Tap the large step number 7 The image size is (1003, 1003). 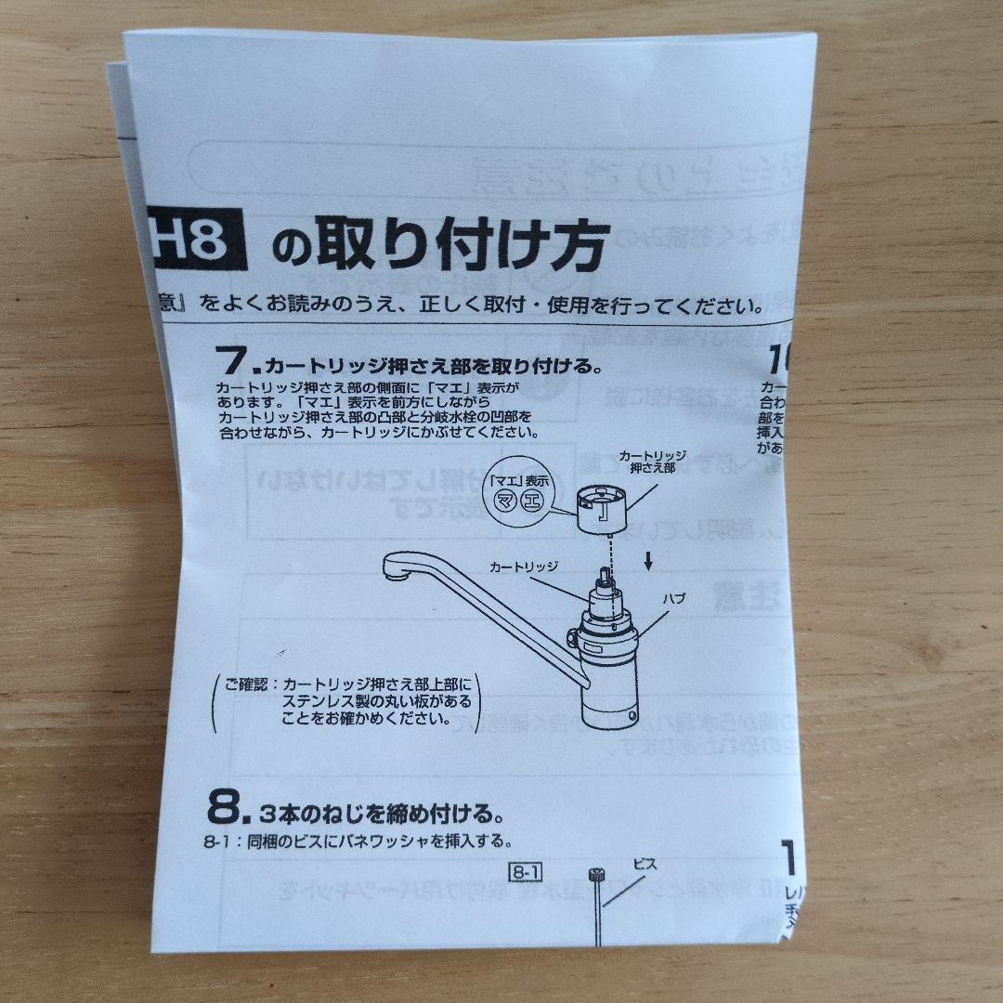[x=229, y=362]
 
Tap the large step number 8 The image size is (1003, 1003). [x=225, y=809]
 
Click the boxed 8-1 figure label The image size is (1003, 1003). [x=526, y=871]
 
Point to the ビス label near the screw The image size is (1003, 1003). [x=645, y=863]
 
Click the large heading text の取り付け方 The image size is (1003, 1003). [x=439, y=245]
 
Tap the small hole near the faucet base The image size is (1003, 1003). [x=632, y=717]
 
